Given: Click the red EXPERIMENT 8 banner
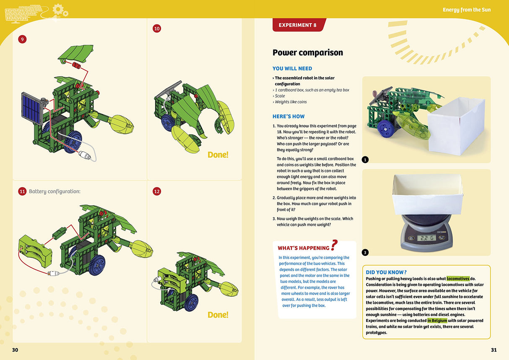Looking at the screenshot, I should pos(298,25).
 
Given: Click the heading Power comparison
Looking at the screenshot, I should pos(307,52).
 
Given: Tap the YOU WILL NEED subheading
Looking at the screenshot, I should pos(292,68).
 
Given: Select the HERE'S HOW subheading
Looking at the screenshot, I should pos(288,116).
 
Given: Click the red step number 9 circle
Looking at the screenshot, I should pos(22,39).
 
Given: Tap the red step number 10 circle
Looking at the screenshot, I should pos(157,29).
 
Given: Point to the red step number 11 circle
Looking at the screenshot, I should pos(22,191).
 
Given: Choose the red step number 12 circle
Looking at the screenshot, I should pos(157,191).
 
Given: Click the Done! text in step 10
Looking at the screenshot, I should pos(218,155).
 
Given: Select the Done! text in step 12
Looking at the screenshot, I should pos(218,315).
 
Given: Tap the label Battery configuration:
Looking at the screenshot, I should pos(55,191).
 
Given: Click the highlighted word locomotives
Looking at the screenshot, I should pos(458,279).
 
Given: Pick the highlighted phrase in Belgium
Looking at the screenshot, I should pos(437,321).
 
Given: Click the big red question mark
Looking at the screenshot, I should pos(334,245).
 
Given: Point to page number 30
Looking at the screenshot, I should pos(15,350).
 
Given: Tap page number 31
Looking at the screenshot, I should pos(493,350).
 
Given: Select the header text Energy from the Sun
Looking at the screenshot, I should pos(466,10).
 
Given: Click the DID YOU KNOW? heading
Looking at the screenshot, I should pos(386,272).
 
